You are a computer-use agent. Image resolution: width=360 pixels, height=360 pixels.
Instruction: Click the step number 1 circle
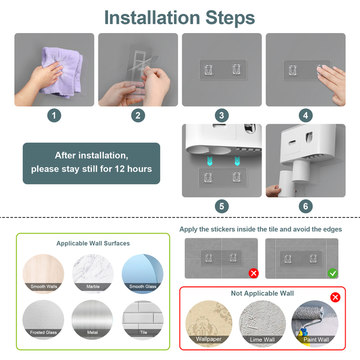pyautogui.click(x=54, y=115)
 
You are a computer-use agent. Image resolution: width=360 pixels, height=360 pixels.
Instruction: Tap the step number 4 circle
pyautogui.click(x=305, y=115)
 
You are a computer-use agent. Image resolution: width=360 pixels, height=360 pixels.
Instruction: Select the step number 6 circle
pyautogui.click(x=305, y=206)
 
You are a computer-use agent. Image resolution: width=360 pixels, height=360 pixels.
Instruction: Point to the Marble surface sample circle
pyautogui.click(x=93, y=274)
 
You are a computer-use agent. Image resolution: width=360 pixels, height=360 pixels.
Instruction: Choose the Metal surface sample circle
pyautogui.click(x=92, y=320)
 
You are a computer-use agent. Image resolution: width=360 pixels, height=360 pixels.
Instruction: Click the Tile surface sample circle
pyautogui.click(x=143, y=320)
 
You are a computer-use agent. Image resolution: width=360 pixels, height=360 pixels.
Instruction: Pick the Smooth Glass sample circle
pyautogui.click(x=143, y=274)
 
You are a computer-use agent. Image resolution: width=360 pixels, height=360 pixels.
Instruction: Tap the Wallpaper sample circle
pyautogui.click(x=209, y=324)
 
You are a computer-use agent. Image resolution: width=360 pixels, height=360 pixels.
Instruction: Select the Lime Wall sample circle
pyautogui.click(x=262, y=324)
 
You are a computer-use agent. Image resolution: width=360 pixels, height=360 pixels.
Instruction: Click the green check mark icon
pyautogui.click(x=332, y=273)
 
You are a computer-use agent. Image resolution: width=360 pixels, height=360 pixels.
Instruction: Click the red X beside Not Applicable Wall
pyautogui.click(x=335, y=298)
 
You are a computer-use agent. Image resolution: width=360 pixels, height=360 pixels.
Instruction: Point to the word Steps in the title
pyautogui.click(x=230, y=17)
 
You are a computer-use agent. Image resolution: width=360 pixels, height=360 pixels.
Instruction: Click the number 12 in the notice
pyautogui.click(x=119, y=169)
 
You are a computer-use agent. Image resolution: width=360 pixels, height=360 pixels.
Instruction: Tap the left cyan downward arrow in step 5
pyautogui.click(x=209, y=161)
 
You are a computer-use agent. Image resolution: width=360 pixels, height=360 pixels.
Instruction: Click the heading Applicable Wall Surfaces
pyautogui.click(x=93, y=244)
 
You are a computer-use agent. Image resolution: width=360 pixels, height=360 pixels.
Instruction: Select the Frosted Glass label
pyautogui.click(x=43, y=332)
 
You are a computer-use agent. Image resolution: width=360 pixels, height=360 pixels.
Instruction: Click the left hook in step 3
pyautogui.click(x=208, y=70)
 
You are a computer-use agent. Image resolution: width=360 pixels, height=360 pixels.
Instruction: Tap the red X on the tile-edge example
pyautogui.click(x=253, y=273)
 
